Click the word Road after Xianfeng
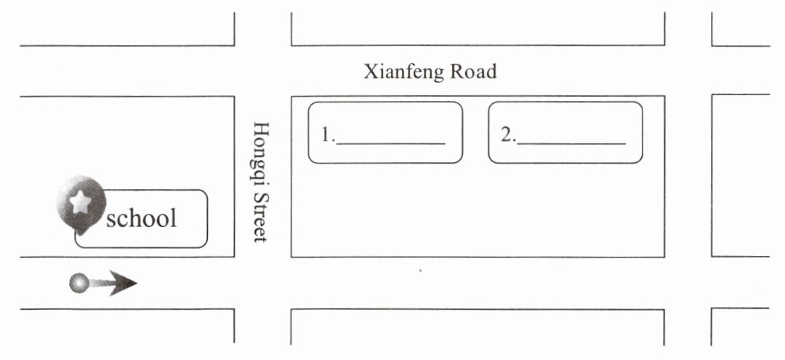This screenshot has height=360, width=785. click(473, 72)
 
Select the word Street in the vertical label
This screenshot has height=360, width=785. click(261, 216)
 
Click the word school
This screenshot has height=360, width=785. click(141, 217)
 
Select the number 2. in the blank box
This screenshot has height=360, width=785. click(507, 135)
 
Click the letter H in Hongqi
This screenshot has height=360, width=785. click(261, 129)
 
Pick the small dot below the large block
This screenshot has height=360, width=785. click(420, 271)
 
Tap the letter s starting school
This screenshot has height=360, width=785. click(111, 219)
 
